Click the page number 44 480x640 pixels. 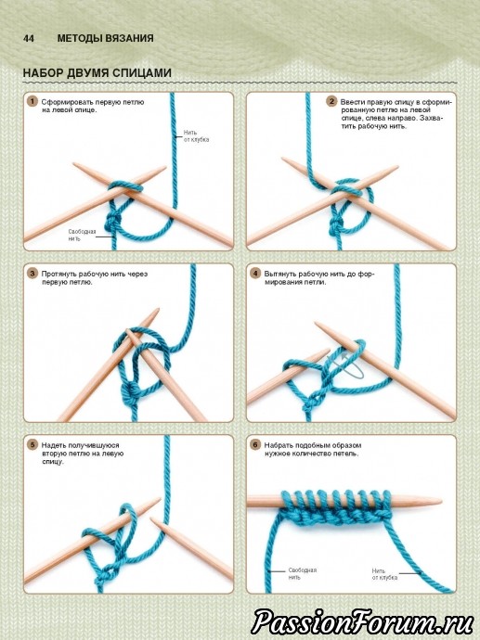point(29,38)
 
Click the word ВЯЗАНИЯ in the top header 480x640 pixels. point(129,38)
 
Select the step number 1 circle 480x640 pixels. point(32,101)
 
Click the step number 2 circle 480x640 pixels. point(331,101)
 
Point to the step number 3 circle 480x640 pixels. point(32,273)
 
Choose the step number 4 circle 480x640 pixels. point(255,273)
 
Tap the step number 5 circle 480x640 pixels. point(32,444)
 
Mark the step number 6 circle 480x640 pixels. point(255,444)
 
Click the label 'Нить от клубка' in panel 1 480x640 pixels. point(196,136)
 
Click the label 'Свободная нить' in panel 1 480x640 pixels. point(82,235)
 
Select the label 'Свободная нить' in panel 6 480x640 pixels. point(303,573)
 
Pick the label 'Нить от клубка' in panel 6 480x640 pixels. point(384,574)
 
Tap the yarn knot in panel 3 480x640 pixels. point(132,391)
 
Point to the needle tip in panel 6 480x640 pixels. point(441,501)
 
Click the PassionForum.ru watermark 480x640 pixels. point(362,622)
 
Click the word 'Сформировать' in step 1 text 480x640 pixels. point(68,102)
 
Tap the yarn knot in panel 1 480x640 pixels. point(113,223)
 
